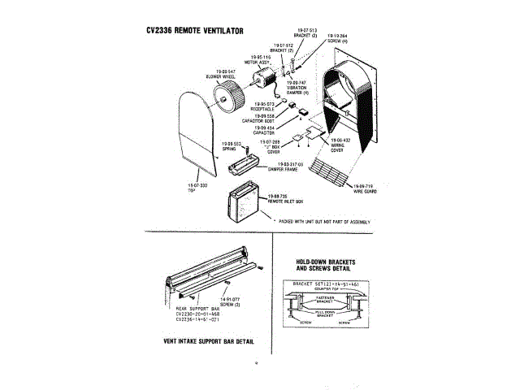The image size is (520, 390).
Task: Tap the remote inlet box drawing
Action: click(247, 202)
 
